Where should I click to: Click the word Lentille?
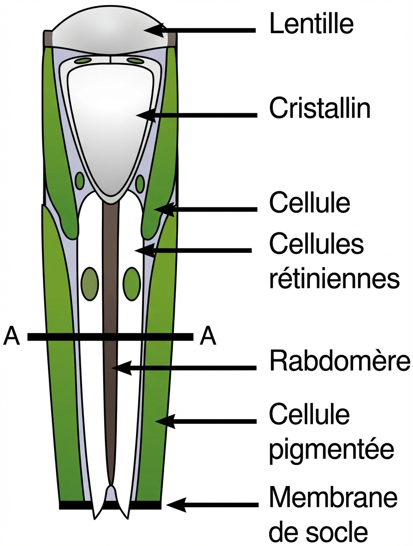click(312, 24)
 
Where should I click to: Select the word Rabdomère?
click(340, 362)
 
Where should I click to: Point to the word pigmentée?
click(331, 448)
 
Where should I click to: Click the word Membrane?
click(333, 499)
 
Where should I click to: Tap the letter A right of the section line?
click(208, 337)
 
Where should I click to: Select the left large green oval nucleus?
click(89, 282)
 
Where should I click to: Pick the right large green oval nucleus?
click(132, 282)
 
